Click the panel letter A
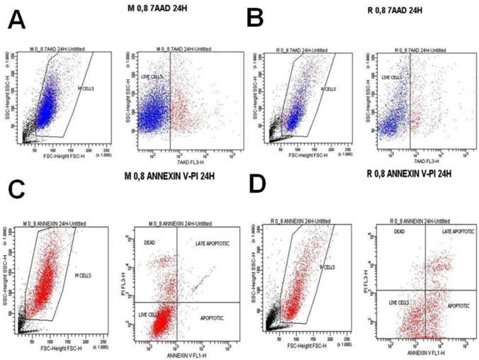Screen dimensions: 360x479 click(18, 20)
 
